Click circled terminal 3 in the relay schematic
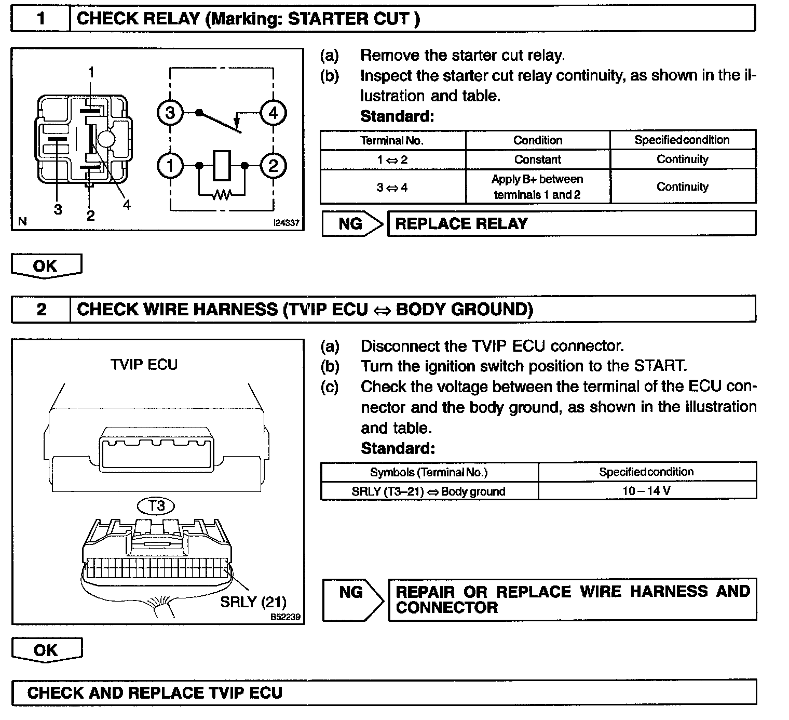click(170, 113)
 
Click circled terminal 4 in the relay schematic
click(273, 113)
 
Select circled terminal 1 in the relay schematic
click(170, 166)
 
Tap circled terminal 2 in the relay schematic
click(273, 166)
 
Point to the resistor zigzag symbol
click(222, 195)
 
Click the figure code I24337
click(287, 223)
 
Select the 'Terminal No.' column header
click(392, 140)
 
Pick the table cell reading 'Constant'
click(538, 159)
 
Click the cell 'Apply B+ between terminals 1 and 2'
click(538, 187)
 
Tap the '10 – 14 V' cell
click(647, 491)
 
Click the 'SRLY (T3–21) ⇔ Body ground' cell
click(429, 491)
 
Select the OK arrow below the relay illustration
click(46, 266)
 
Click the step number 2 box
click(41, 310)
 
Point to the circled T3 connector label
click(156, 505)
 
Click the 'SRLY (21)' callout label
click(253, 602)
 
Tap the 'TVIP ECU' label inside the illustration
click(144, 365)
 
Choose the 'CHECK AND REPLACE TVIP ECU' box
click(384, 692)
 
